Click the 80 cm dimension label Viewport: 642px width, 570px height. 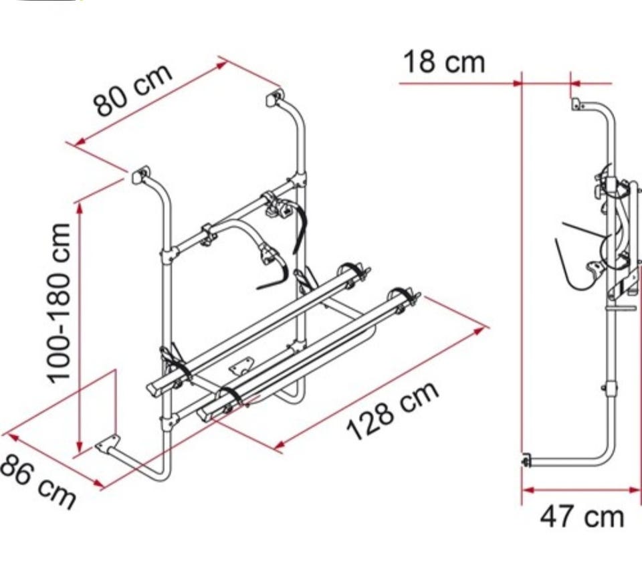point(132,90)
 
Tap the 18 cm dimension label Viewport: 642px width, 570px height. point(444,62)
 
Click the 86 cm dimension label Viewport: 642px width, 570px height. point(37,482)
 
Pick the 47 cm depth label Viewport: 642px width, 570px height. point(582,516)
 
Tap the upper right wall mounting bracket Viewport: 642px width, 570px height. point(275,98)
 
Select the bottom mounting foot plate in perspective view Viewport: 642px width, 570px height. point(107,444)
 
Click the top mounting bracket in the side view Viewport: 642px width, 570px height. point(577,104)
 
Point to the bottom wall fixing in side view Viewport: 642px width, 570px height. point(526,461)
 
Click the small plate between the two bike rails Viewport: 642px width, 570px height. point(241,366)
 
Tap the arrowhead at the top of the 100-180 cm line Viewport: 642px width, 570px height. point(80,208)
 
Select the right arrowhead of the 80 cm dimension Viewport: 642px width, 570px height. point(221,65)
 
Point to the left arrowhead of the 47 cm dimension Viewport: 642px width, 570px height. point(529,490)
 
